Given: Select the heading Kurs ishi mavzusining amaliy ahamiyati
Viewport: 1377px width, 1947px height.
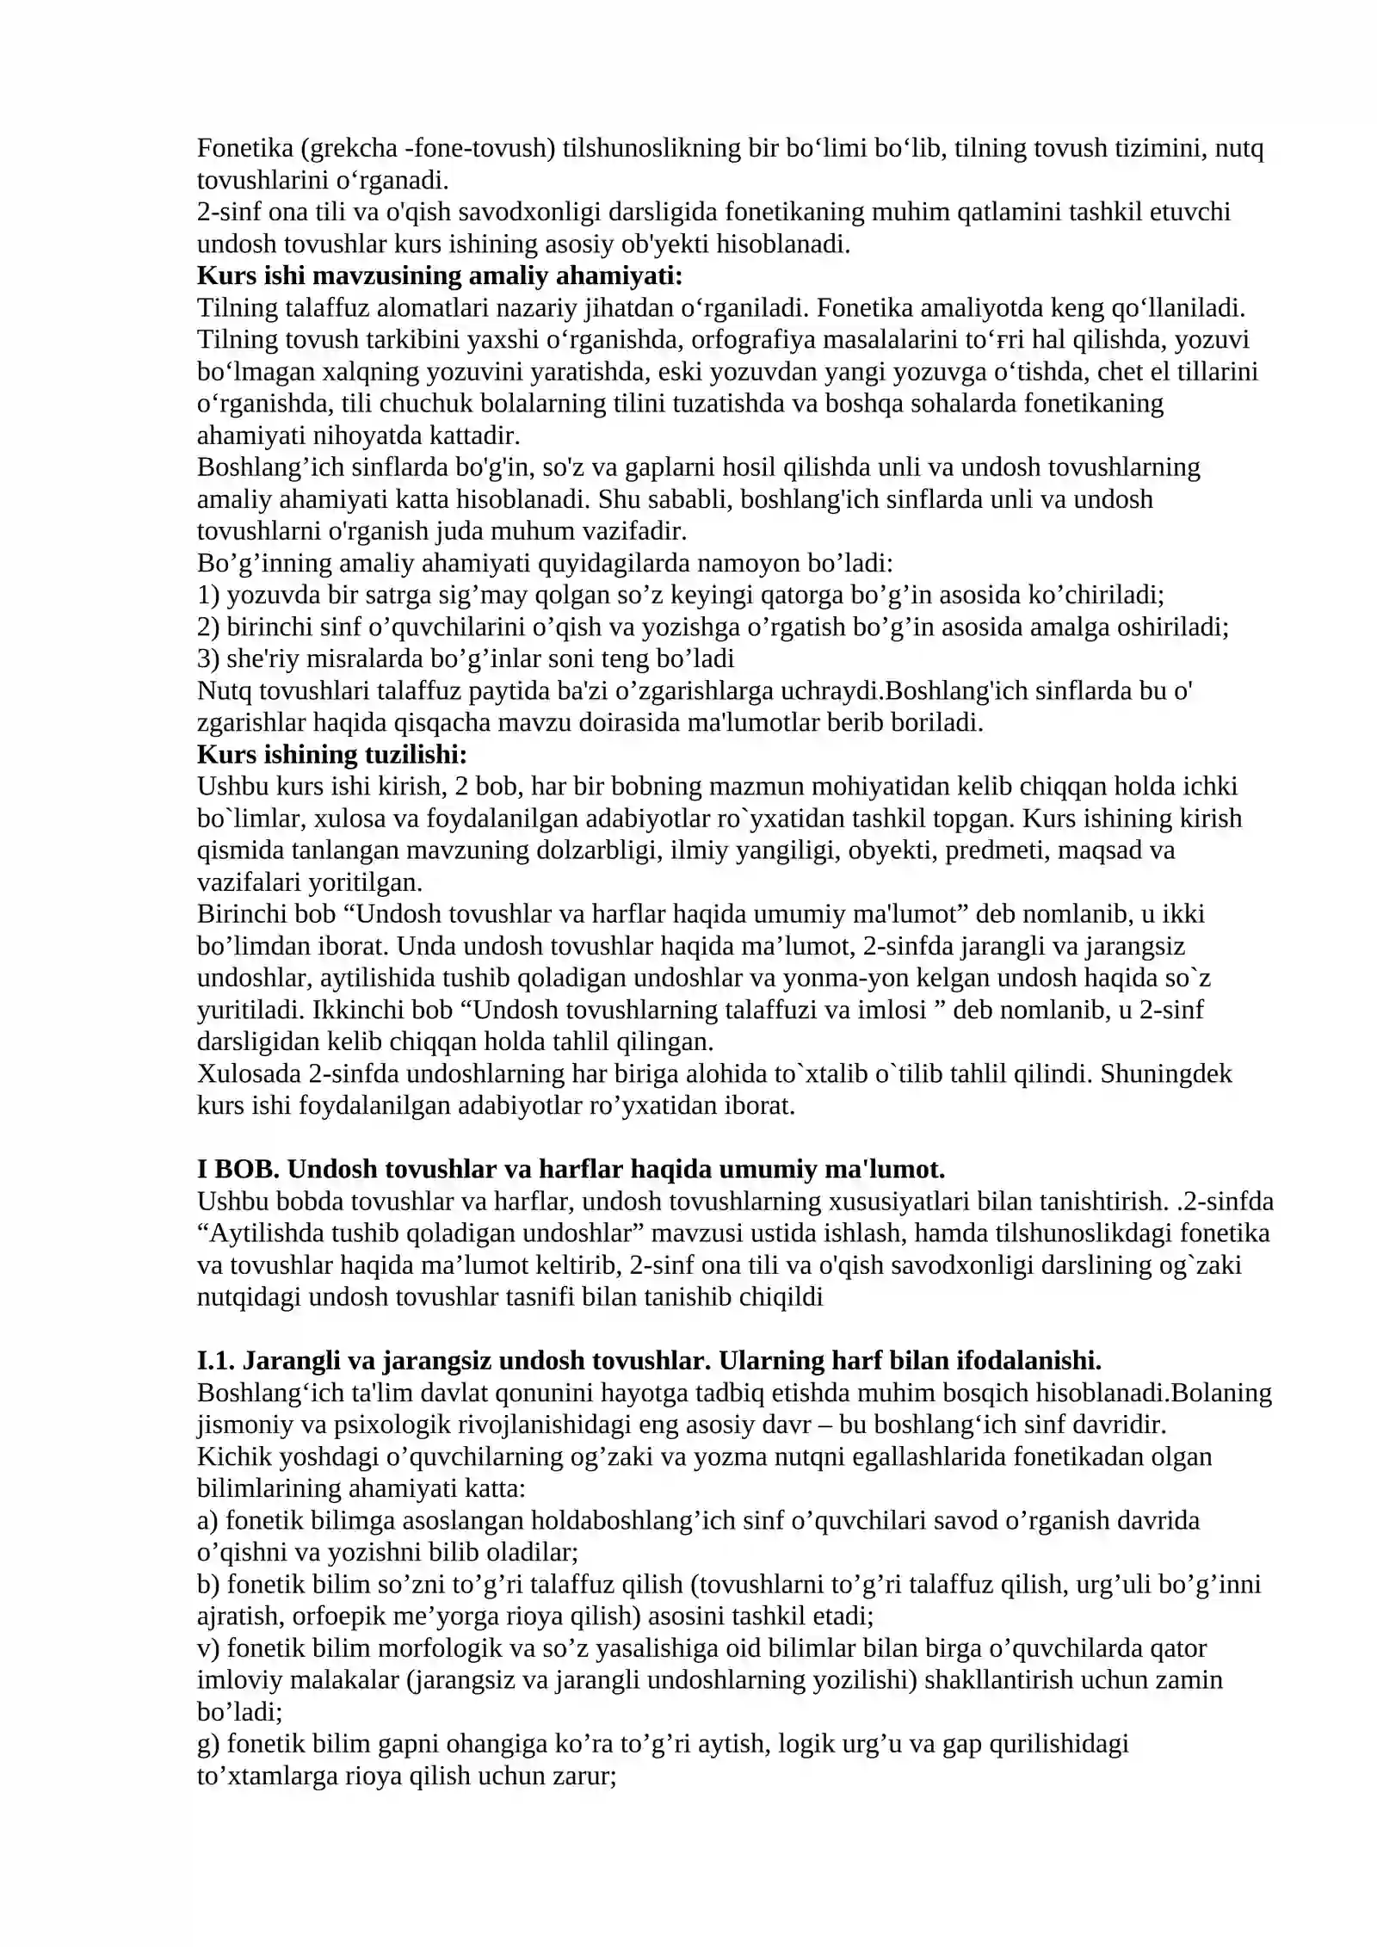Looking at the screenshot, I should point(440,276).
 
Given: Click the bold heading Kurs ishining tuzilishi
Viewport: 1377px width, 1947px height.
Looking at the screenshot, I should point(332,754).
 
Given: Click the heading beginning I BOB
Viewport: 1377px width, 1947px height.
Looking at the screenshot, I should point(571,1169).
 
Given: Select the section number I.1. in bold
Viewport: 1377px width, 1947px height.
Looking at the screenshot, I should point(216,1361).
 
